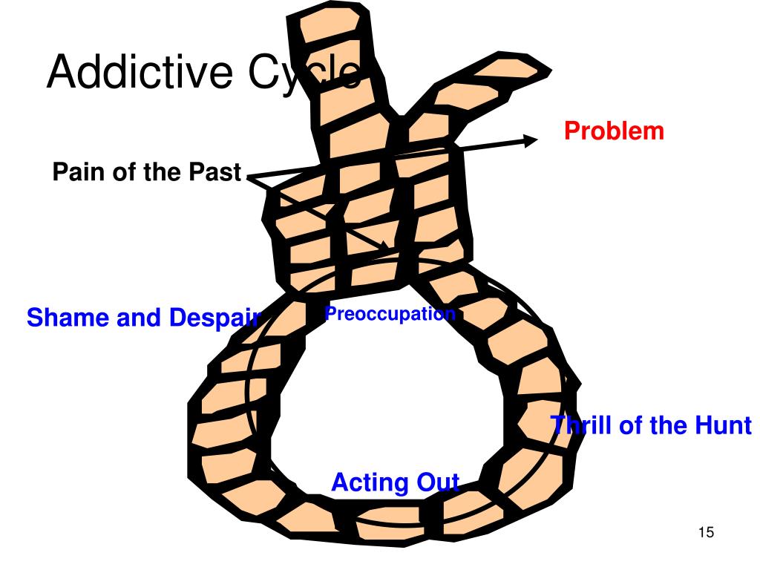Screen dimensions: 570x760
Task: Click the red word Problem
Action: [x=614, y=131]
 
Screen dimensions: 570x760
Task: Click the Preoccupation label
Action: [x=390, y=314]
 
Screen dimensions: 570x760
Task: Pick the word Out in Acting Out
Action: [x=438, y=482]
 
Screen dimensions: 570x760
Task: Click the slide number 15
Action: [x=705, y=533]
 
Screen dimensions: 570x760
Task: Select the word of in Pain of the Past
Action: [x=120, y=173]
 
